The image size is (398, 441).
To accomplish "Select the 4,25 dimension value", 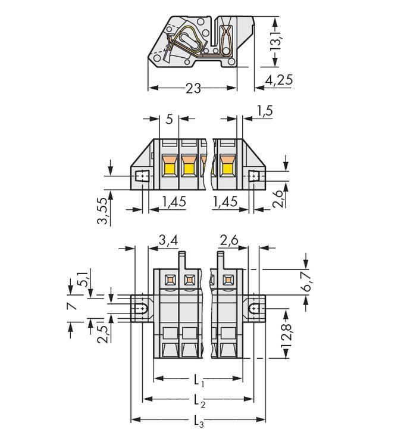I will click(275, 80).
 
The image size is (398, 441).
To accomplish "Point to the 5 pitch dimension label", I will click(170, 120).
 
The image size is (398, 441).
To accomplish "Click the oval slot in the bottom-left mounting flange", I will click(143, 309).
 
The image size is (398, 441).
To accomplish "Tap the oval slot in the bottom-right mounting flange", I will click(255, 309).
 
